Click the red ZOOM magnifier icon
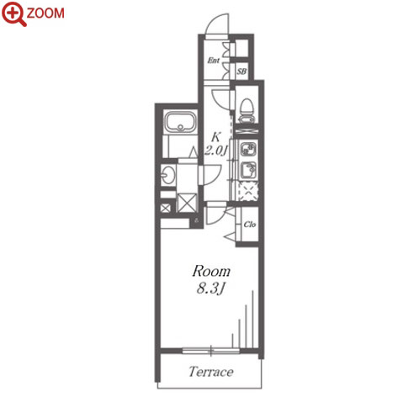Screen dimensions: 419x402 click(14, 14)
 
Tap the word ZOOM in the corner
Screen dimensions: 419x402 click(45, 13)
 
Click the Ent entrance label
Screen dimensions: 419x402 click(214, 61)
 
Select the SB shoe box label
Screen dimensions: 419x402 click(241, 71)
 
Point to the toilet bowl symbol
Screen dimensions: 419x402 click(247, 110)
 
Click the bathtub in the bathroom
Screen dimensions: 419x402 click(180, 122)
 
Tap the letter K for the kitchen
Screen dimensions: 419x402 click(215, 137)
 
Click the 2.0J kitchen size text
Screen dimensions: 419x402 click(215, 151)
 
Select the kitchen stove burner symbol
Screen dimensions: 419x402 click(248, 149)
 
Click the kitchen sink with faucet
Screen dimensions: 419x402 click(248, 170)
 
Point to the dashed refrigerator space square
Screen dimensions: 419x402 click(248, 191)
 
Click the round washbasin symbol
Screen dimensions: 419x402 click(168, 175)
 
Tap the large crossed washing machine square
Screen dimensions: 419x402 click(187, 203)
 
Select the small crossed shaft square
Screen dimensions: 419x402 click(165, 209)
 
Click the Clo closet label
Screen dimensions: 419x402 click(250, 225)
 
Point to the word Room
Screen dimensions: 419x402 click(211, 272)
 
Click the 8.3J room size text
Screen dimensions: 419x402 click(211, 288)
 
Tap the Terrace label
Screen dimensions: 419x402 click(211, 372)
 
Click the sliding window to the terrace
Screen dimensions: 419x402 click(211, 351)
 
